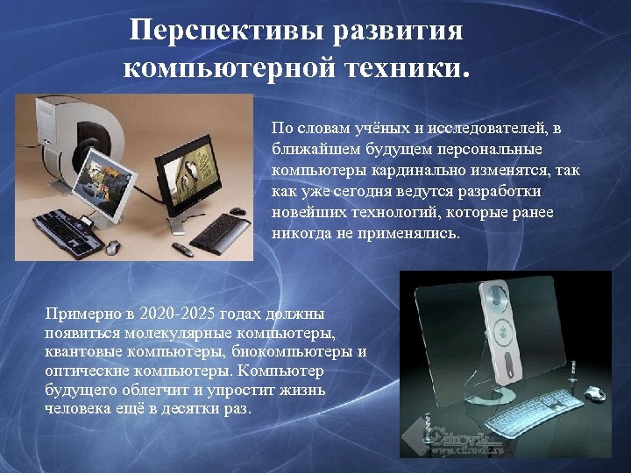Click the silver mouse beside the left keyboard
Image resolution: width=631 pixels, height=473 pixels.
coord(111,247)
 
